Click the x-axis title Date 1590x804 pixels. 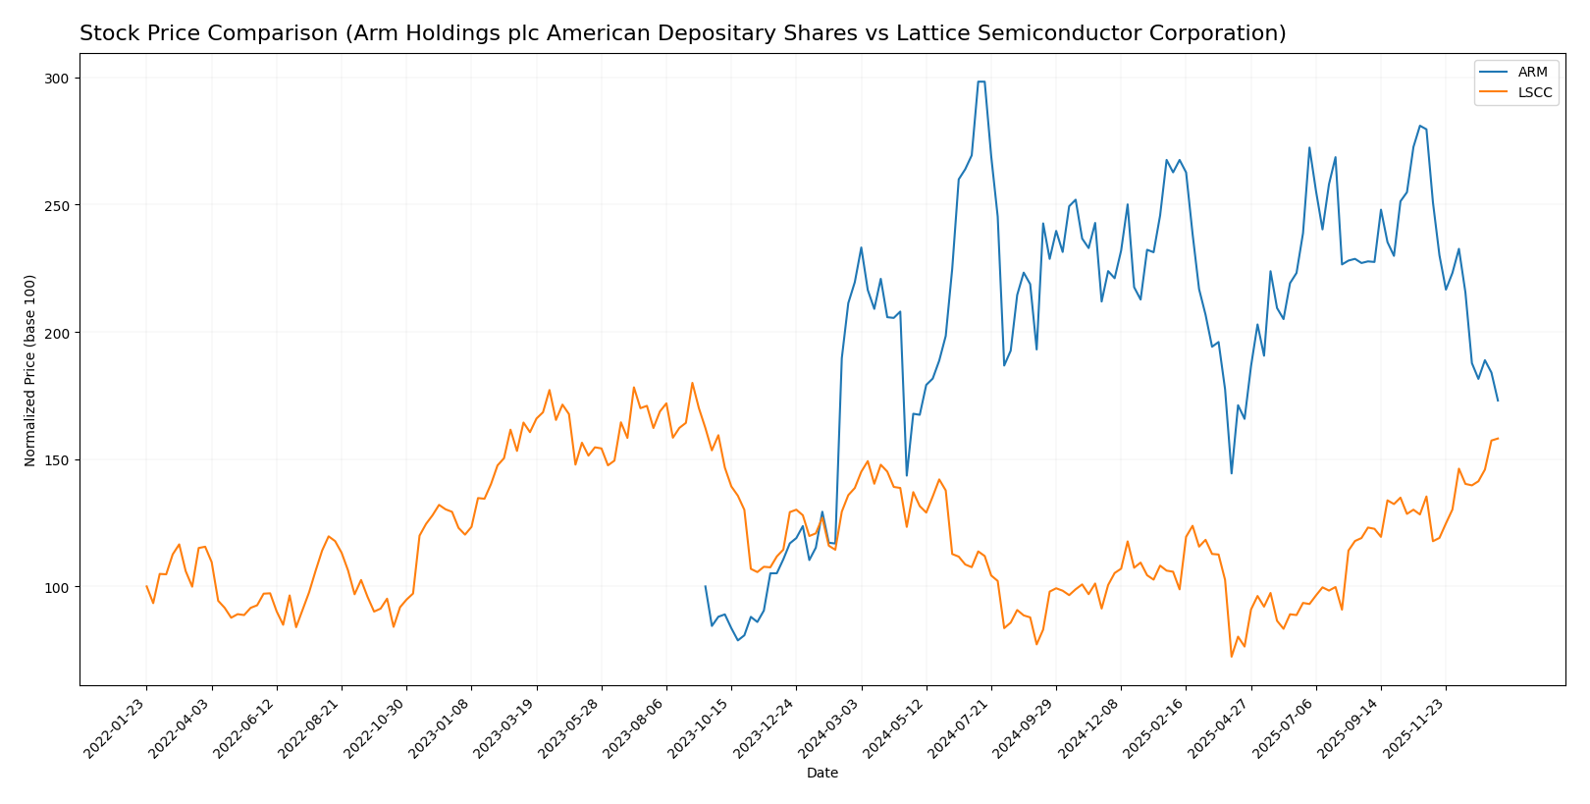pos(821,774)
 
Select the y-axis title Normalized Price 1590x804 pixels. pos(30,370)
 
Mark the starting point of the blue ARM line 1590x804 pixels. pos(705,587)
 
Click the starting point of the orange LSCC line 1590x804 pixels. pos(146,587)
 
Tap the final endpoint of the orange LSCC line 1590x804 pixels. pos(1498,439)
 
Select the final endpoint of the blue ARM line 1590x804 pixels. pos(1498,401)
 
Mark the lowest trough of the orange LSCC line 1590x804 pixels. pos(1231,657)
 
